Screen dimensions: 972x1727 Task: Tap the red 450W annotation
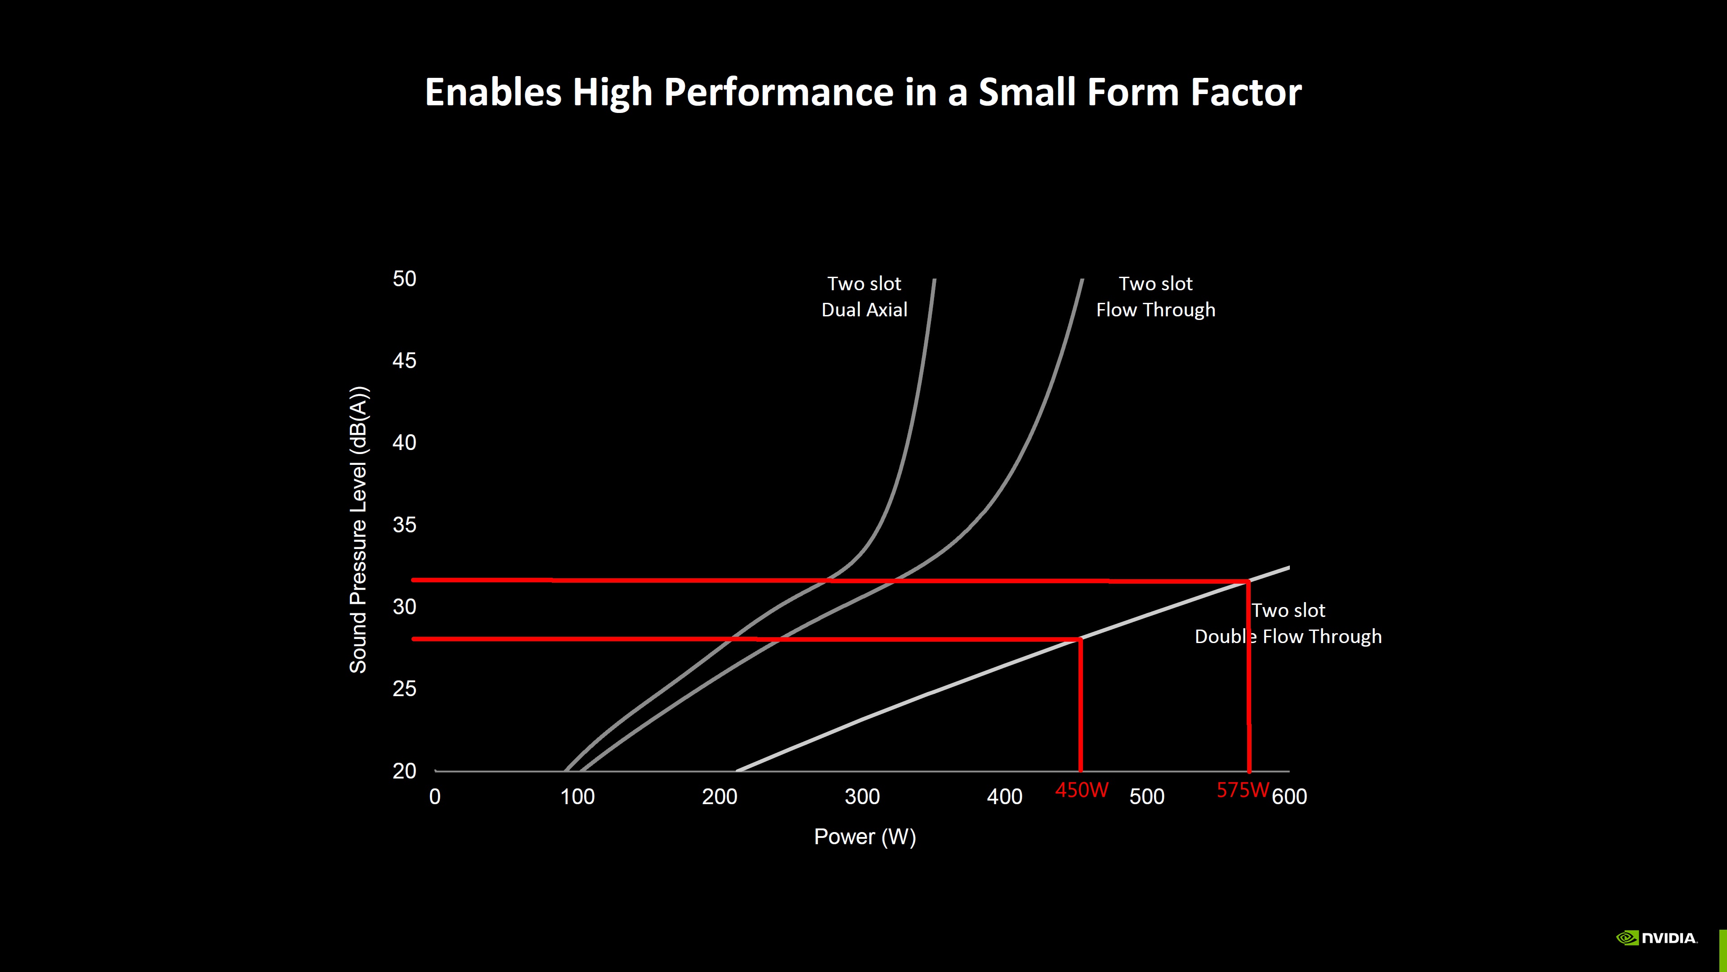1081,790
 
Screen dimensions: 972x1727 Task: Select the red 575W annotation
1242,790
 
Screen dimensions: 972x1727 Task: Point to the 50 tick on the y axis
404,279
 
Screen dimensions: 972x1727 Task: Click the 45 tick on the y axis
404,361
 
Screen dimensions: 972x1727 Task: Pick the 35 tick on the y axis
404,525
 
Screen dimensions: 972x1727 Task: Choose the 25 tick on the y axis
404,689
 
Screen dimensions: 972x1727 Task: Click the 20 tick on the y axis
404,771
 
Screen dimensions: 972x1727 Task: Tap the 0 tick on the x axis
435,797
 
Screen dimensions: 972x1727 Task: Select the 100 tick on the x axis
577,797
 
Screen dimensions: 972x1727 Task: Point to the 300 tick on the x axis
862,797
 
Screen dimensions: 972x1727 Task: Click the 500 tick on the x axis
1146,797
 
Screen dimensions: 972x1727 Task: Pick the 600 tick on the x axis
1289,797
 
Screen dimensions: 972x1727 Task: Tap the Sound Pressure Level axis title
359,530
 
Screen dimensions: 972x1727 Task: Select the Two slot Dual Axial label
864,297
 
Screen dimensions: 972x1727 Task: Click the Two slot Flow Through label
1155,297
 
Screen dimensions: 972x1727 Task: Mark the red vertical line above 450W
1080,704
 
